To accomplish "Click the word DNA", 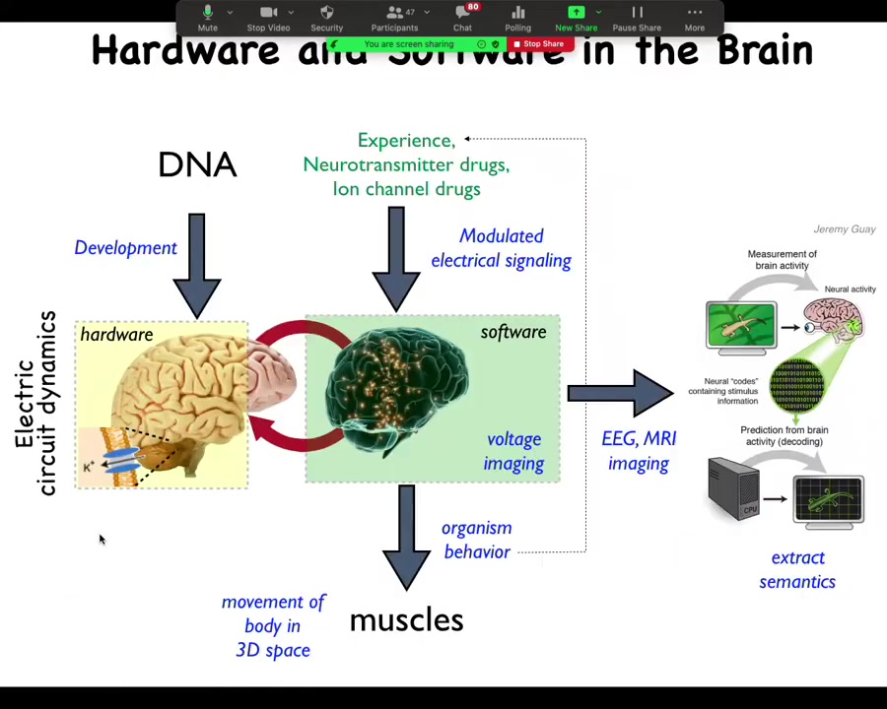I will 197,164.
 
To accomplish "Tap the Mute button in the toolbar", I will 207,17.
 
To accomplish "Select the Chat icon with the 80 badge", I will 462,17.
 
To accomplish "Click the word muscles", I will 406,620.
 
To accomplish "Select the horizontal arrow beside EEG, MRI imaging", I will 619,394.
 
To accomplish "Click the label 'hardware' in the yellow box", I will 116,335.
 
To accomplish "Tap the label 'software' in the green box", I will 512,332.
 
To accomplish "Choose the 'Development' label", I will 125,248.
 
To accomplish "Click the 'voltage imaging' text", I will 513,451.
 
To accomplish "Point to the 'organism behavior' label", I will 477,540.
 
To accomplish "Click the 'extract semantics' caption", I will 797,570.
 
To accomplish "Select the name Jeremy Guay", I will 844,229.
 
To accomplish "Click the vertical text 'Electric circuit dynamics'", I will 35,404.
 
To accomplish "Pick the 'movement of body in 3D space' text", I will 273,625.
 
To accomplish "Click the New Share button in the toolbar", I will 576,17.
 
